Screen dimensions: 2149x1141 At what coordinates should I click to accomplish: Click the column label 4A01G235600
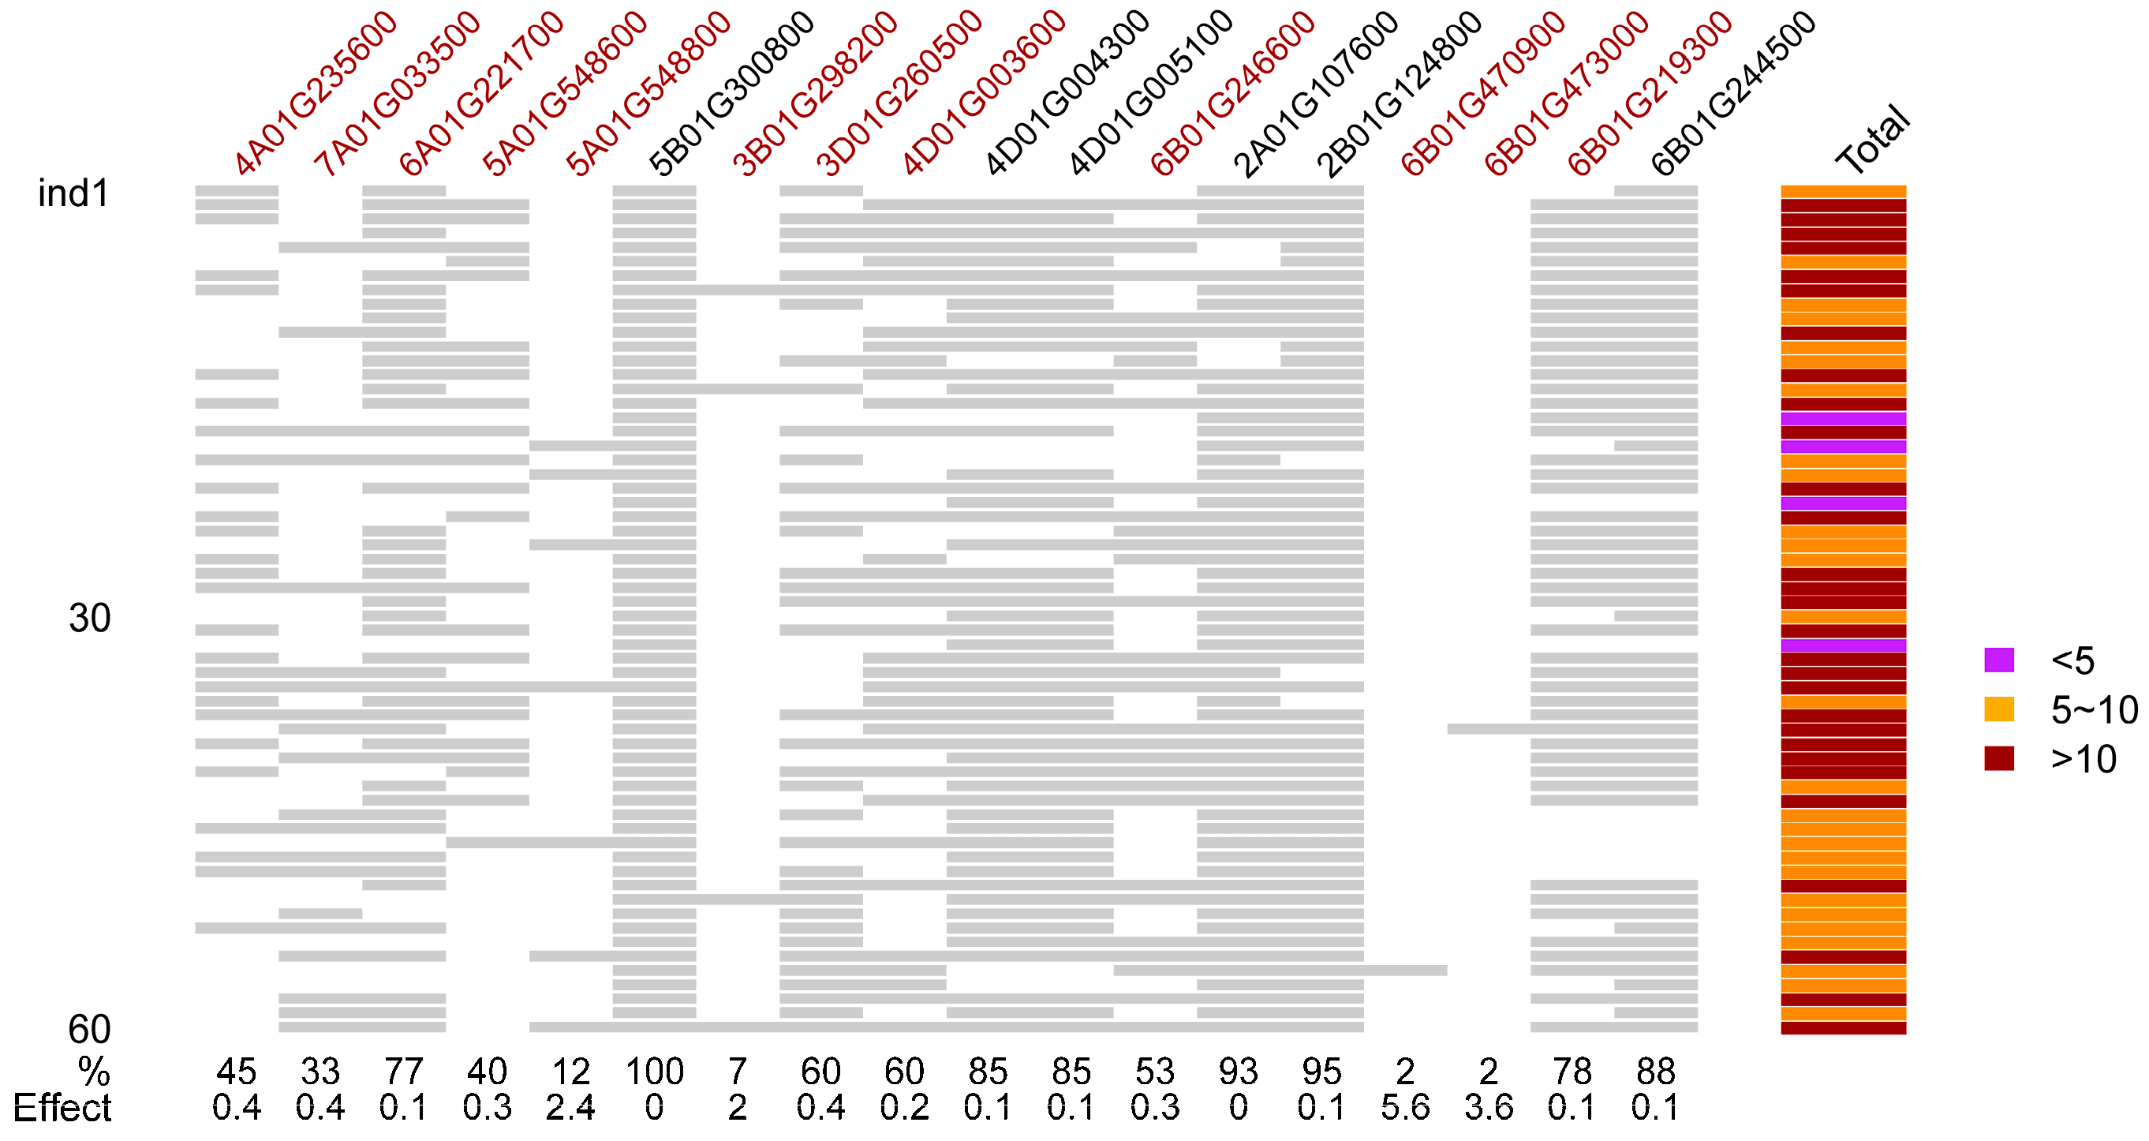[316, 93]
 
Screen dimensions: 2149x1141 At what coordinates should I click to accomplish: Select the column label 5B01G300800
[732, 93]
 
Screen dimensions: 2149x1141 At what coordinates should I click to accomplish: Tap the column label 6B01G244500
[1733, 93]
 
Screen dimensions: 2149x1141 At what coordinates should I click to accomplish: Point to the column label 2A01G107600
[1317, 93]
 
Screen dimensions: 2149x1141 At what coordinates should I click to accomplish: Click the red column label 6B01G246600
[1233, 93]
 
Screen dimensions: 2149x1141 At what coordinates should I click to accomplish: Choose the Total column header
[1874, 140]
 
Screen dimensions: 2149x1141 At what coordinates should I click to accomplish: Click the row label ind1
[73, 193]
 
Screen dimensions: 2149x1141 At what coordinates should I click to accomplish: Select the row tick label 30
[89, 619]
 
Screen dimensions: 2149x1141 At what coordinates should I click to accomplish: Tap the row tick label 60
[89, 1029]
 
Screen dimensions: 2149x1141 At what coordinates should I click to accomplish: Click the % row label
[94, 1071]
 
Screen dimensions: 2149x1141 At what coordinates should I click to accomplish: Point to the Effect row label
[62, 1108]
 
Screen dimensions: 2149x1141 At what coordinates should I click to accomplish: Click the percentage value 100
[655, 1071]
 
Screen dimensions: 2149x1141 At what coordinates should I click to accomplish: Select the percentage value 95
[1322, 1071]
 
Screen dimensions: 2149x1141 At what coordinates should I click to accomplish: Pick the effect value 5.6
[1406, 1108]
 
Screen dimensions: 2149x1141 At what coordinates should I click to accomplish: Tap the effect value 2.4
[570, 1108]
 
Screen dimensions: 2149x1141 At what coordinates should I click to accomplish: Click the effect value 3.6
[1489, 1108]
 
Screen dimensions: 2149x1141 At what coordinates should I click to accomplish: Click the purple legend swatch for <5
[1999, 660]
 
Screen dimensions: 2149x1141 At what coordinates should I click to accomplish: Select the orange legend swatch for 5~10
[1999, 709]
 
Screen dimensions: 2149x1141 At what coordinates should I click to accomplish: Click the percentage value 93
[1239, 1071]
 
